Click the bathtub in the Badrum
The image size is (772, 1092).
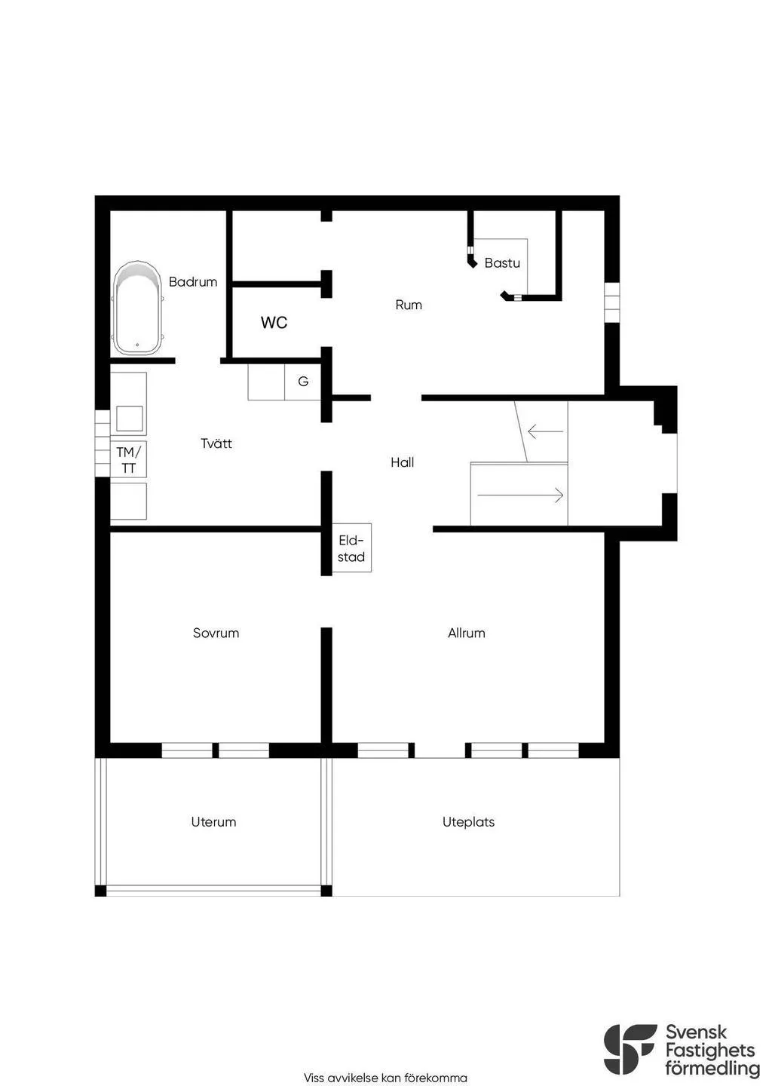pos(137,309)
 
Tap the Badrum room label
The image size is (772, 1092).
pos(193,282)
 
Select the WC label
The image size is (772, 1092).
pos(274,323)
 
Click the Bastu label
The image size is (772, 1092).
pos(502,263)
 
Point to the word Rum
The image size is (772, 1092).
pos(409,305)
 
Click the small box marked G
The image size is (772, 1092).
pos(303,382)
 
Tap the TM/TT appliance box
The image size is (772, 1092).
pos(129,460)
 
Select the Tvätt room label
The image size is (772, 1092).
pos(216,443)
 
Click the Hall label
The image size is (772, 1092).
pos(402,462)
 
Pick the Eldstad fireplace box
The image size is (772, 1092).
pos(351,548)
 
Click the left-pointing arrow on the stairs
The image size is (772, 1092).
pos(545,432)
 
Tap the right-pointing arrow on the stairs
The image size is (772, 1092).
pos(520,495)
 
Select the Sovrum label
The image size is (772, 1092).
pos(216,633)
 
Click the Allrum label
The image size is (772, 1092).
pos(466,633)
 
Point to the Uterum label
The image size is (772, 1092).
pos(213,822)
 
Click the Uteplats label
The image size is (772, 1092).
pos(468,822)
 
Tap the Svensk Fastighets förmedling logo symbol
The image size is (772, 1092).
pos(630,1049)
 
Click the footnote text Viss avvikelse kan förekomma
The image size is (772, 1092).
pos(385,1078)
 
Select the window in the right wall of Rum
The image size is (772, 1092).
pos(611,302)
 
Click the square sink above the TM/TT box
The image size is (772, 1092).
pos(130,419)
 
